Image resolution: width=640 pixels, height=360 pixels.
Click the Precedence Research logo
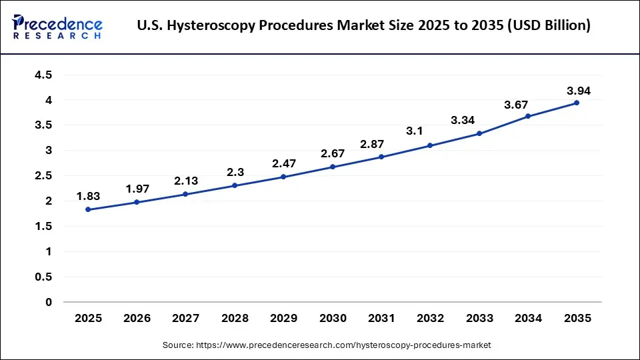[57, 27]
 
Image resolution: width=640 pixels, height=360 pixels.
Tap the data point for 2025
[88, 209]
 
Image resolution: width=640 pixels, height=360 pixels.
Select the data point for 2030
[333, 167]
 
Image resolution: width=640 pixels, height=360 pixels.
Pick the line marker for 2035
[577, 103]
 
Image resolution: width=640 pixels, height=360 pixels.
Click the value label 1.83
[88, 197]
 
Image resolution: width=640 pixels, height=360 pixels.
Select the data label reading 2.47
[283, 163]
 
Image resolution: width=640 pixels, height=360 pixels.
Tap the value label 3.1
[415, 131]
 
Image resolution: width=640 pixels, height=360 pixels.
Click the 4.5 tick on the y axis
[43, 75]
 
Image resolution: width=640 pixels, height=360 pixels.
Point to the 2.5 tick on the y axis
[43, 176]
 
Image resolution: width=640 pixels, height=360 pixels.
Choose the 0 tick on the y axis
[49, 302]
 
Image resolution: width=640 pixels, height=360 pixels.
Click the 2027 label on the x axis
[185, 319]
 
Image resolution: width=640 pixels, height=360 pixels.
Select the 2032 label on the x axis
[430, 319]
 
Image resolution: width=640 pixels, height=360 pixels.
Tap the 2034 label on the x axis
[528, 319]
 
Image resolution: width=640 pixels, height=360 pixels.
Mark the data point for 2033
[479, 133]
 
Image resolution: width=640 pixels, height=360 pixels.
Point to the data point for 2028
[235, 185]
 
